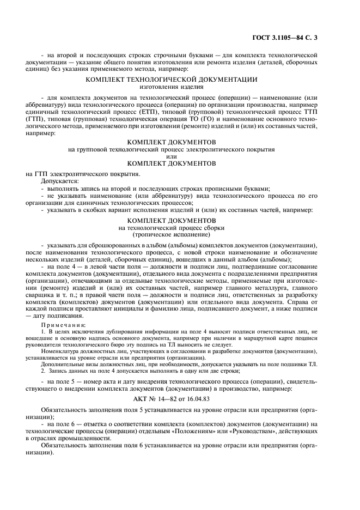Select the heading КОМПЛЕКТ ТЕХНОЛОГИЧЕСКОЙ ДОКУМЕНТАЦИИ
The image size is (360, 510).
[x=172, y=80]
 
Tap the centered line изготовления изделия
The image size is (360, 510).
[x=172, y=87]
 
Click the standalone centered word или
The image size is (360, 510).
[x=172, y=156]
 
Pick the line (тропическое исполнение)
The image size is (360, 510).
[x=172, y=234]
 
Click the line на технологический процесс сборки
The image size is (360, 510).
[x=172, y=227]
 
